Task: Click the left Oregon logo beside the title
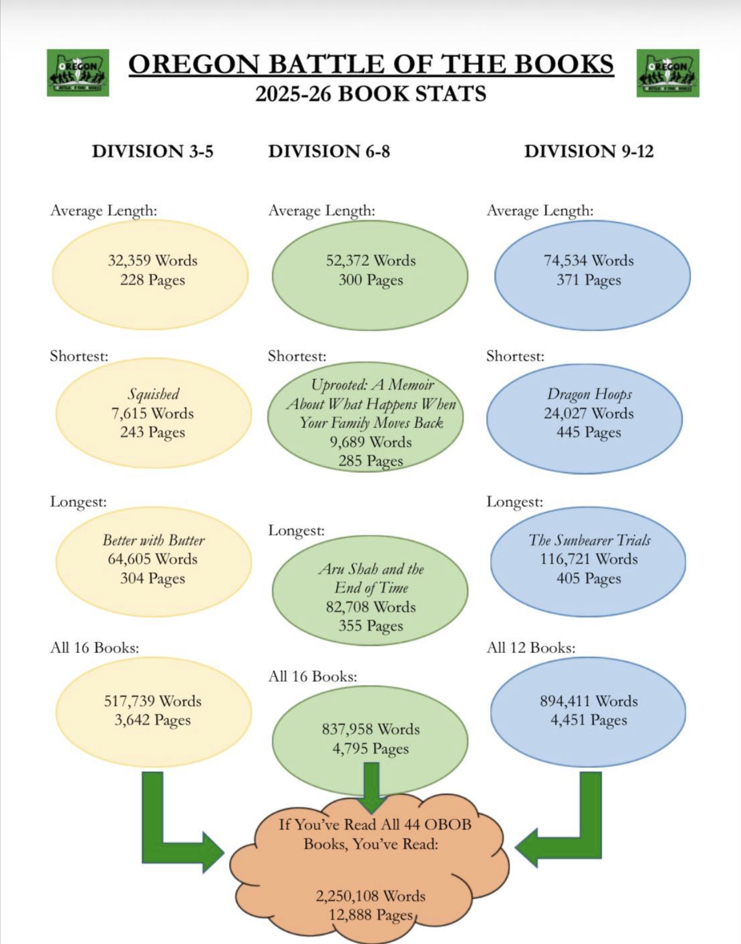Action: coord(78,73)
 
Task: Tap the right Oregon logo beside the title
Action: coord(668,73)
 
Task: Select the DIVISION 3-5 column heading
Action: coord(153,151)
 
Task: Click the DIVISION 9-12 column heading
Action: coord(589,151)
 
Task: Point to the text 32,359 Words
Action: coord(153,261)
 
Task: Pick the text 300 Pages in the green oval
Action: coord(370,280)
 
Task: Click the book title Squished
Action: coord(153,394)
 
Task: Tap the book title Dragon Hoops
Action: coord(589,394)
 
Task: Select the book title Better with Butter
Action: coord(153,540)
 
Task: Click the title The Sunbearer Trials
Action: coord(589,540)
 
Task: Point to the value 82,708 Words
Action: coord(370,607)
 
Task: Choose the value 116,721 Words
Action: coord(589,559)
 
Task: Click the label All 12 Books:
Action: coord(531,648)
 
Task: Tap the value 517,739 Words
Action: coord(153,701)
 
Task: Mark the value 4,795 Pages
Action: coord(370,749)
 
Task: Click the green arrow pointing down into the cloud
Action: coord(372,788)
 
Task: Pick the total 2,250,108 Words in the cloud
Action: coord(370,896)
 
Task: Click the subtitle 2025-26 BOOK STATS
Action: coord(370,93)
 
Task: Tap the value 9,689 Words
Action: coord(370,442)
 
